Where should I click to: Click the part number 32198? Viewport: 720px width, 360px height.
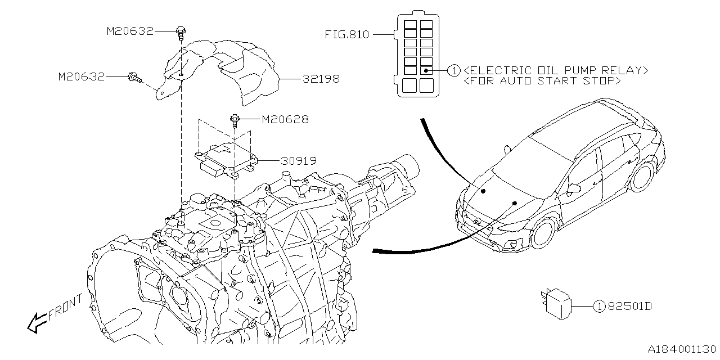321,79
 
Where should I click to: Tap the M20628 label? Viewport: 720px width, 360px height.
285,119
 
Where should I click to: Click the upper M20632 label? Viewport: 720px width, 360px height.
130,31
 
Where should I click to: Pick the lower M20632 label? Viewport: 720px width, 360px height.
82,76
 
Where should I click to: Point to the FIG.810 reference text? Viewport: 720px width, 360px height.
346,34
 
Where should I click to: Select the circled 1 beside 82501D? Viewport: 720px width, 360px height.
600,307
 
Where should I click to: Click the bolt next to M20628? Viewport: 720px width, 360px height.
235,120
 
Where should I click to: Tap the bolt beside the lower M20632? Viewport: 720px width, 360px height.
134,78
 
